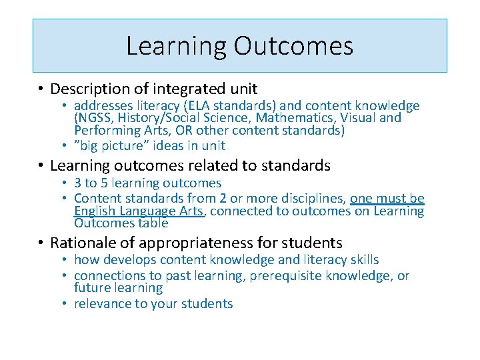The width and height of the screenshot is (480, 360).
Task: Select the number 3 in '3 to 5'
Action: (x=78, y=183)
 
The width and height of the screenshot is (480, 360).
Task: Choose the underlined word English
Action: (x=97, y=211)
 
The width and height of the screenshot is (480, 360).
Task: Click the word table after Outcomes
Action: (x=153, y=223)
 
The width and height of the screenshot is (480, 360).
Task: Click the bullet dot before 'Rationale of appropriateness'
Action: (x=41, y=243)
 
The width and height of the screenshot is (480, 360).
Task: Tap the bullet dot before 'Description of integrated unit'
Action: (x=41, y=89)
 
